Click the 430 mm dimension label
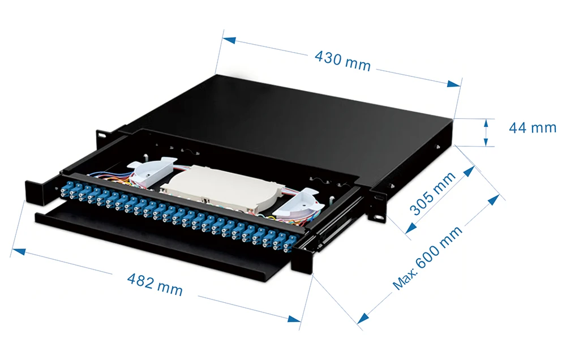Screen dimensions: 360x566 pos(342,60)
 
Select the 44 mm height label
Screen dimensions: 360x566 pos(533,127)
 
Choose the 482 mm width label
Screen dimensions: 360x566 pos(155,284)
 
